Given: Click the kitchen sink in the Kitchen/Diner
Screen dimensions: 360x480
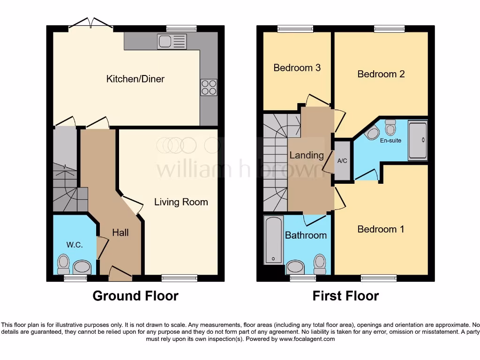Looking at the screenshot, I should click(172, 42).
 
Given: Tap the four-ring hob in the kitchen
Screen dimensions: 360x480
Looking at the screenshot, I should click(209, 88).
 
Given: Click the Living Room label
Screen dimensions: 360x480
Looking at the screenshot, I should click(181, 202).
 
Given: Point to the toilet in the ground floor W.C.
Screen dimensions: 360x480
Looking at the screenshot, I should click(63, 265).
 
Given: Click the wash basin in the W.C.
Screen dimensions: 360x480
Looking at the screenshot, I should click(82, 267).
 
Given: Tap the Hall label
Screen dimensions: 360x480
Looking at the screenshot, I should click(120, 232).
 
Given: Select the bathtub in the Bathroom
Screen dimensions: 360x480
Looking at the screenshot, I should click(272, 240).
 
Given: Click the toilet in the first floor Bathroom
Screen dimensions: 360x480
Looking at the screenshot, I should click(320, 264).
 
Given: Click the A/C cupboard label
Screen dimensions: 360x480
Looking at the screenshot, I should click(342, 161).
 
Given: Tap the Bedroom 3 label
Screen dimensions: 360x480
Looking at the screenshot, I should click(297, 67).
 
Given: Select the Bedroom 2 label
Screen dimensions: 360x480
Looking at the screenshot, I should click(381, 74).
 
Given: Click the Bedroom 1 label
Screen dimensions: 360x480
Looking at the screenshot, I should click(381, 229).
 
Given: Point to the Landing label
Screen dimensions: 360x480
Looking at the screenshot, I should click(307, 155).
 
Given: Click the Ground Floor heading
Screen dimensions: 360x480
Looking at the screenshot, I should click(135, 296).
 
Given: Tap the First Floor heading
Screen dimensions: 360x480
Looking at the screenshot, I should click(345, 296).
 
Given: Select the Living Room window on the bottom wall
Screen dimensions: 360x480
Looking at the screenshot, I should click(179, 278).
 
